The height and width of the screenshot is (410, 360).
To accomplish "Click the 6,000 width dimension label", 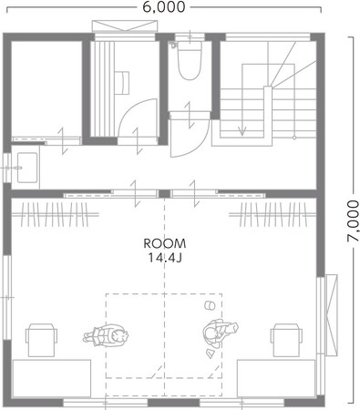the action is (x=164, y=7).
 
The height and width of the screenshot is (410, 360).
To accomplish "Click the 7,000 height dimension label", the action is (x=353, y=220).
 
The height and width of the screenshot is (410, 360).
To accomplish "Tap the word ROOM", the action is (x=165, y=243).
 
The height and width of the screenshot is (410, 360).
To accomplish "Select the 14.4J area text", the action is (x=165, y=258).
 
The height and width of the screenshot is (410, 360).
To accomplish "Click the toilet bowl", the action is (x=190, y=61).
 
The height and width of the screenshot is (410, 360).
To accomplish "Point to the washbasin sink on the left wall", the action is (x=27, y=168).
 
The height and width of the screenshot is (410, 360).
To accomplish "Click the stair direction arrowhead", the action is (x=242, y=131).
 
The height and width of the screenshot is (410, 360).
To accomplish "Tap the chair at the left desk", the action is (x=41, y=340).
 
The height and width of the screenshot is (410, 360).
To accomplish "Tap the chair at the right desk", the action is (x=286, y=340).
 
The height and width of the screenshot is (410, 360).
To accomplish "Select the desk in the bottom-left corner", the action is (x=52, y=378).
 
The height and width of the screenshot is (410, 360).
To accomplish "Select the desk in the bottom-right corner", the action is (x=276, y=378).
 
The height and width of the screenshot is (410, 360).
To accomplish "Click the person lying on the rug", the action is (x=106, y=336).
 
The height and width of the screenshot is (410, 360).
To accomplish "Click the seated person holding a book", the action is (x=220, y=333).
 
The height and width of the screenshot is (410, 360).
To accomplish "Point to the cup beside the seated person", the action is (x=210, y=305).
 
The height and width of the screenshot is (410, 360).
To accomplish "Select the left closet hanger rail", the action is (x=55, y=214).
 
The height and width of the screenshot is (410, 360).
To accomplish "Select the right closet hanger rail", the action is (x=273, y=214).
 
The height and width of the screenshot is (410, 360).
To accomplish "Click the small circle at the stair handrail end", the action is (x=294, y=138).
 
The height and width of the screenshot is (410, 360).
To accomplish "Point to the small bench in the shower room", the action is (x=122, y=83).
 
